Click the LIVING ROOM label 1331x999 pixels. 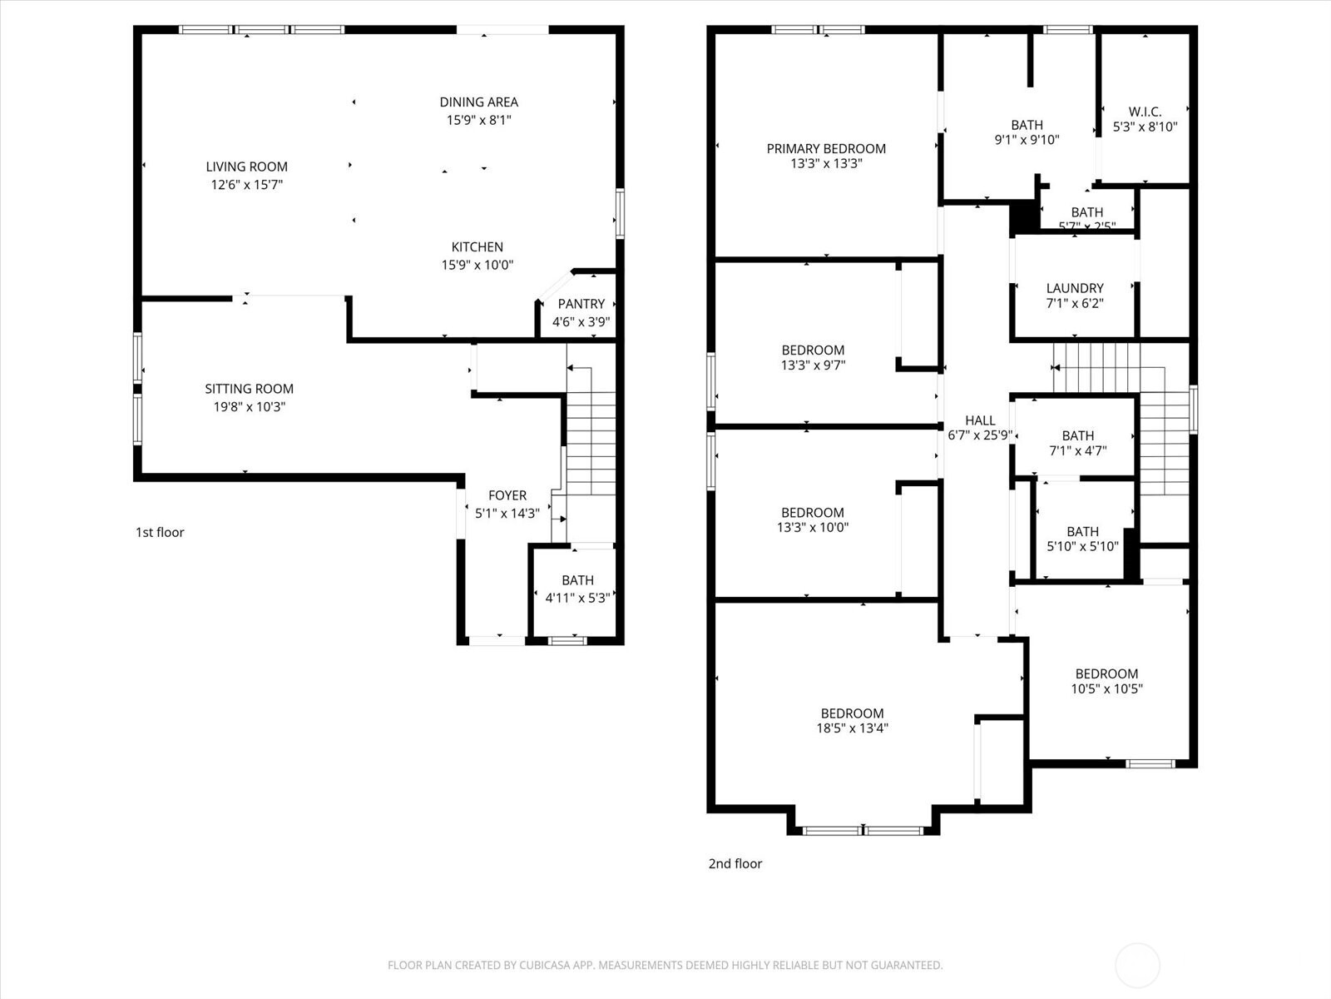(x=247, y=167)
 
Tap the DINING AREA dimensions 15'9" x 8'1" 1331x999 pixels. (x=478, y=120)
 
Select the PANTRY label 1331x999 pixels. (x=581, y=304)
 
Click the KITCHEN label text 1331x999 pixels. (x=477, y=247)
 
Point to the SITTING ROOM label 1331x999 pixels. (x=249, y=389)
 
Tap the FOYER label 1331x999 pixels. (x=507, y=495)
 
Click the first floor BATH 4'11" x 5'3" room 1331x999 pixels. (x=577, y=589)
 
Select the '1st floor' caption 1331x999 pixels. (x=160, y=532)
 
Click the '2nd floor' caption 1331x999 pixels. (x=735, y=863)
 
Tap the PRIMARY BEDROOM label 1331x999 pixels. (x=825, y=149)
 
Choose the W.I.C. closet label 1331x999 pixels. (x=1145, y=112)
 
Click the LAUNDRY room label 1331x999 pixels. (x=1074, y=288)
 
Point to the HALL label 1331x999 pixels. (x=980, y=420)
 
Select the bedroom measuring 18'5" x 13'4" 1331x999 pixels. (x=852, y=721)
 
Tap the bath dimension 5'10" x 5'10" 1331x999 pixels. (x=1082, y=547)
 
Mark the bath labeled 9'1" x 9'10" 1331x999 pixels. (x=1027, y=132)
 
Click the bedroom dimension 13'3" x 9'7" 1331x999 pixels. (x=812, y=365)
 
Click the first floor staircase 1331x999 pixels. (x=591, y=441)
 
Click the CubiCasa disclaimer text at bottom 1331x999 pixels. (x=665, y=965)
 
